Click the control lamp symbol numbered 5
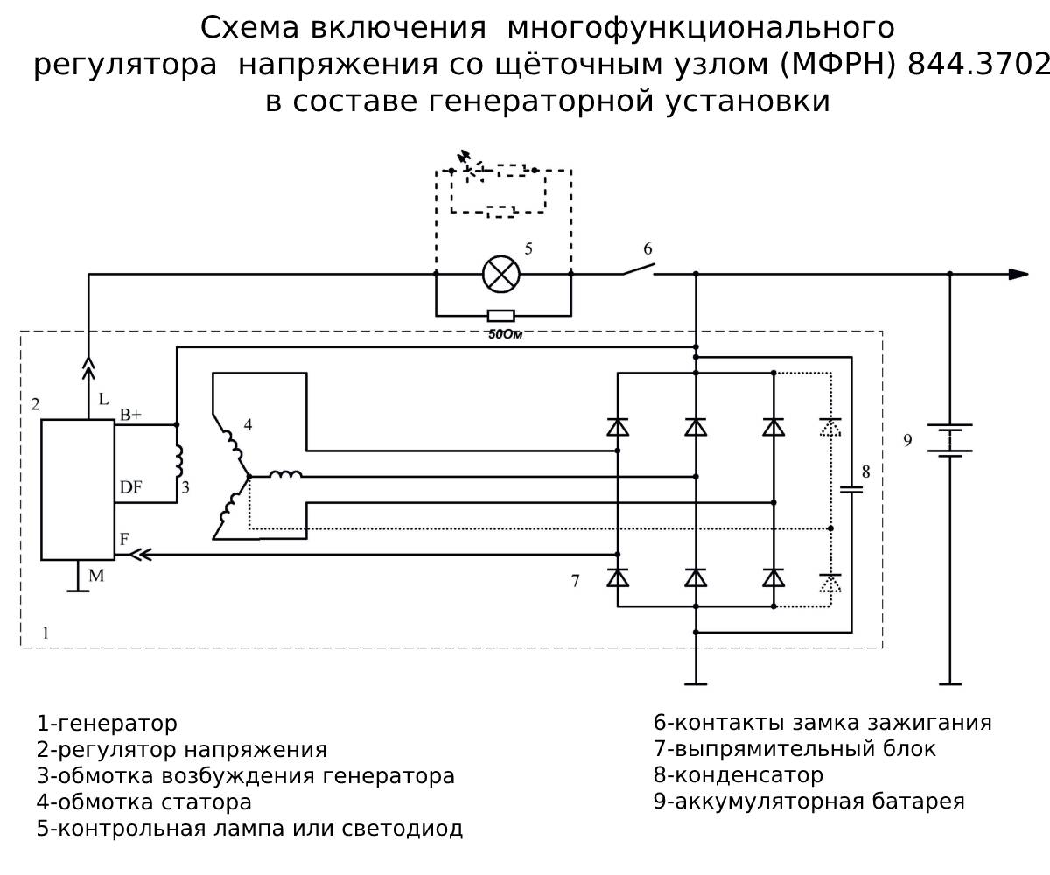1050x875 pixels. click(x=501, y=274)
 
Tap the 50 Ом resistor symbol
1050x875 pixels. click(x=500, y=315)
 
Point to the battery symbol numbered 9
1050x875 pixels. click(x=950, y=440)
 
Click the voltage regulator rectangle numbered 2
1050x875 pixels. click(x=78, y=489)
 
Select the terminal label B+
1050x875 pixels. click(x=130, y=414)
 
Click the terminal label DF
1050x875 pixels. click(x=131, y=487)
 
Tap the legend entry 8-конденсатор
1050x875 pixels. click(x=738, y=775)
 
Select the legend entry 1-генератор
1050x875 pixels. click(x=107, y=724)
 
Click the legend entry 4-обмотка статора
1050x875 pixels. click(x=144, y=801)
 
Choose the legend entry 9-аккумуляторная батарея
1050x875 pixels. click(x=809, y=801)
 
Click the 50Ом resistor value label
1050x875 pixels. click(x=500, y=333)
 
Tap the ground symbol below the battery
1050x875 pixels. click(x=950, y=682)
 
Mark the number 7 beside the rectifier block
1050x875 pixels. click(x=575, y=580)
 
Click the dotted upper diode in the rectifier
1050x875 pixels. click(x=830, y=428)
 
